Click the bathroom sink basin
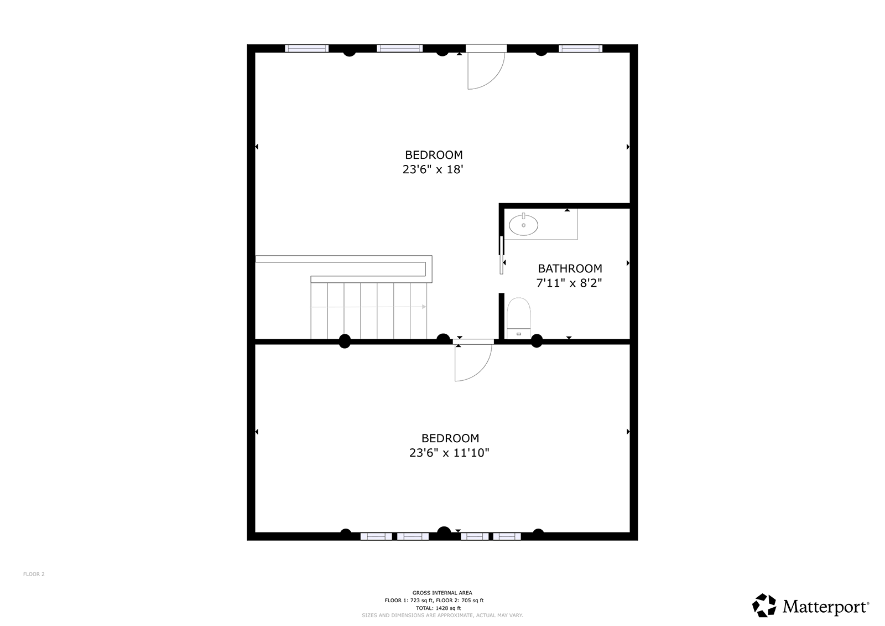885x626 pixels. pyautogui.click(x=523, y=225)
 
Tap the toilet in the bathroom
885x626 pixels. pyautogui.click(x=518, y=318)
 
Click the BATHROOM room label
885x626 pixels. pyautogui.click(x=570, y=268)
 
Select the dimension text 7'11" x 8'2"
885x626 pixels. pyautogui.click(x=569, y=283)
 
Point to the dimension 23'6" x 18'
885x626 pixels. pyautogui.click(x=433, y=169)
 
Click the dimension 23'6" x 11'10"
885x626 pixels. pyautogui.click(x=449, y=452)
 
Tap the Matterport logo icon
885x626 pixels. pyautogui.click(x=764, y=605)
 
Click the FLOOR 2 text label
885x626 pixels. pyautogui.click(x=34, y=574)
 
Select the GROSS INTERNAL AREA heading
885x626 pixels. pyautogui.click(x=442, y=593)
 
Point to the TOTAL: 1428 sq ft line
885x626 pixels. pyautogui.click(x=438, y=608)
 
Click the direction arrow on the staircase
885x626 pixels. pyautogui.click(x=368, y=307)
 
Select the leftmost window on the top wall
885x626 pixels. pyautogui.click(x=306, y=48)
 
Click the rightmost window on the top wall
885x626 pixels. pyautogui.click(x=580, y=48)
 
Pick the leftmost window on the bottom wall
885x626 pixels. pyautogui.click(x=376, y=536)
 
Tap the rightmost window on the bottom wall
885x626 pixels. pyautogui.click(x=507, y=536)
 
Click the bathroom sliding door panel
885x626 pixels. pyautogui.click(x=501, y=255)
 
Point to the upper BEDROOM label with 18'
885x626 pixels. pyautogui.click(x=434, y=154)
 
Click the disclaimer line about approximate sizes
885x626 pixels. pyautogui.click(x=442, y=615)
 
